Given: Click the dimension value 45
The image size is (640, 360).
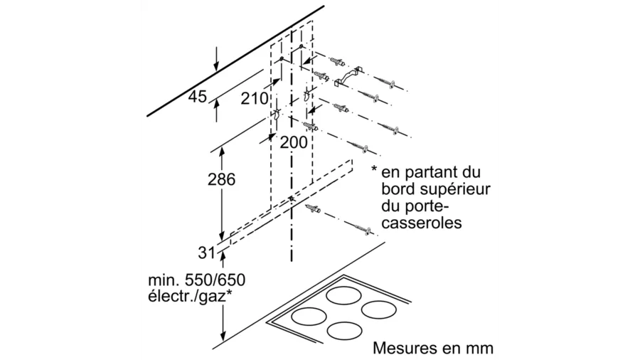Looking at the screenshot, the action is (x=198, y=97).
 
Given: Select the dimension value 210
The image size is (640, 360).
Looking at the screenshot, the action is (x=255, y=98).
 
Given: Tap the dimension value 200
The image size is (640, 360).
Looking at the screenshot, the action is (x=294, y=142).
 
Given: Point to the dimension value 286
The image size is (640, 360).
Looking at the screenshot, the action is (x=222, y=179).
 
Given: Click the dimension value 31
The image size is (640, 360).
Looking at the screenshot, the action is (x=206, y=253).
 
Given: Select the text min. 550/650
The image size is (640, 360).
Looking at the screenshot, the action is (x=197, y=280).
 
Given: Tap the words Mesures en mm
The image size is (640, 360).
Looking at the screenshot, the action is (x=433, y=348).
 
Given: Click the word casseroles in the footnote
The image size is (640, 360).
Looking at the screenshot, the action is (x=422, y=223).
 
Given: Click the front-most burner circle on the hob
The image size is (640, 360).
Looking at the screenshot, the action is (x=345, y=331).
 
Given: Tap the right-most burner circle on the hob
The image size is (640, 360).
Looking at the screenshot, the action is (x=379, y=310).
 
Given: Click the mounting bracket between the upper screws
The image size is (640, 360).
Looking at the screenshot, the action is (x=348, y=76).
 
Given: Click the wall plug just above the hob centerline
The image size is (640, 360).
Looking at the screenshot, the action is (x=312, y=209).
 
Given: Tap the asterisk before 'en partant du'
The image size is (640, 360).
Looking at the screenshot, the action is (x=374, y=169).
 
